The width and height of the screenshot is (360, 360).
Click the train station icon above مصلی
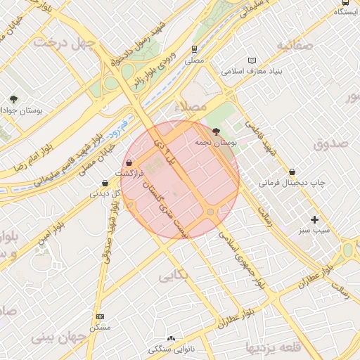194,49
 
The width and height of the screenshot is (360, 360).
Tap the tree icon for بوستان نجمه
216,131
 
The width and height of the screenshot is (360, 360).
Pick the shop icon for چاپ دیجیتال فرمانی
292,172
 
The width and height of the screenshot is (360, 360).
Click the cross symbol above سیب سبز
314,219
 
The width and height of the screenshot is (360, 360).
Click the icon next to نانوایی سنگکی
170,339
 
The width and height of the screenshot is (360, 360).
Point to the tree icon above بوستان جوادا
13,99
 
